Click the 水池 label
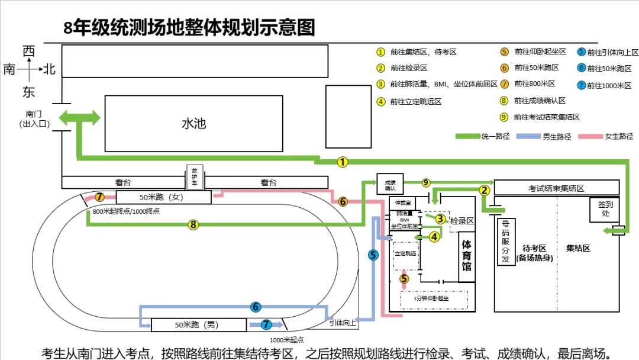coord(193,124)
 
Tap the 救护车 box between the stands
coord(195,176)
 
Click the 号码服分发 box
coord(506,242)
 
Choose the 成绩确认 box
coord(389,185)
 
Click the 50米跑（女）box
coord(163,197)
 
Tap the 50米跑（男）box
coord(198,325)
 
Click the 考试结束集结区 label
coord(556,188)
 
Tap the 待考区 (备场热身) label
coord(534,253)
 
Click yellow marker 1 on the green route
coord(343,162)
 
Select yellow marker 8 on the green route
coord(192,224)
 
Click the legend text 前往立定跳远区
coord(415,101)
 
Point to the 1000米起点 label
coord(287,340)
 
